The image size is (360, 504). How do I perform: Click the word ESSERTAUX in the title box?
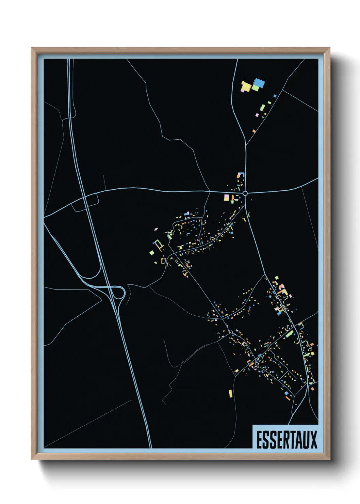click(x=287, y=440)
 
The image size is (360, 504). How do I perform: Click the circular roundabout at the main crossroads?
click(x=245, y=193)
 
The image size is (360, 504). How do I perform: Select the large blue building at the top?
click(x=259, y=83)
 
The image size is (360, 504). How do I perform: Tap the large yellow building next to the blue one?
click(x=246, y=87)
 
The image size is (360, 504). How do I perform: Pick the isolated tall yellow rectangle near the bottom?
click(x=231, y=393)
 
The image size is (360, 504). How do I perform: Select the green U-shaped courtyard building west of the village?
click(x=158, y=245)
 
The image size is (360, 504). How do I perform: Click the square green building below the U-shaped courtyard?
click(x=152, y=252)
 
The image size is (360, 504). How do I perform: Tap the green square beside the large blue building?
click(x=255, y=88)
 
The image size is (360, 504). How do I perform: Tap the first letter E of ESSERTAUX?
click(x=259, y=440)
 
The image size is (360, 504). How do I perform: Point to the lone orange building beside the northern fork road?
click(x=254, y=131)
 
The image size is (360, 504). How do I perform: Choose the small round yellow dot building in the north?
click(x=265, y=114)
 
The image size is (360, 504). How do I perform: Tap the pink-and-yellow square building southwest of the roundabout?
click(x=227, y=197)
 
